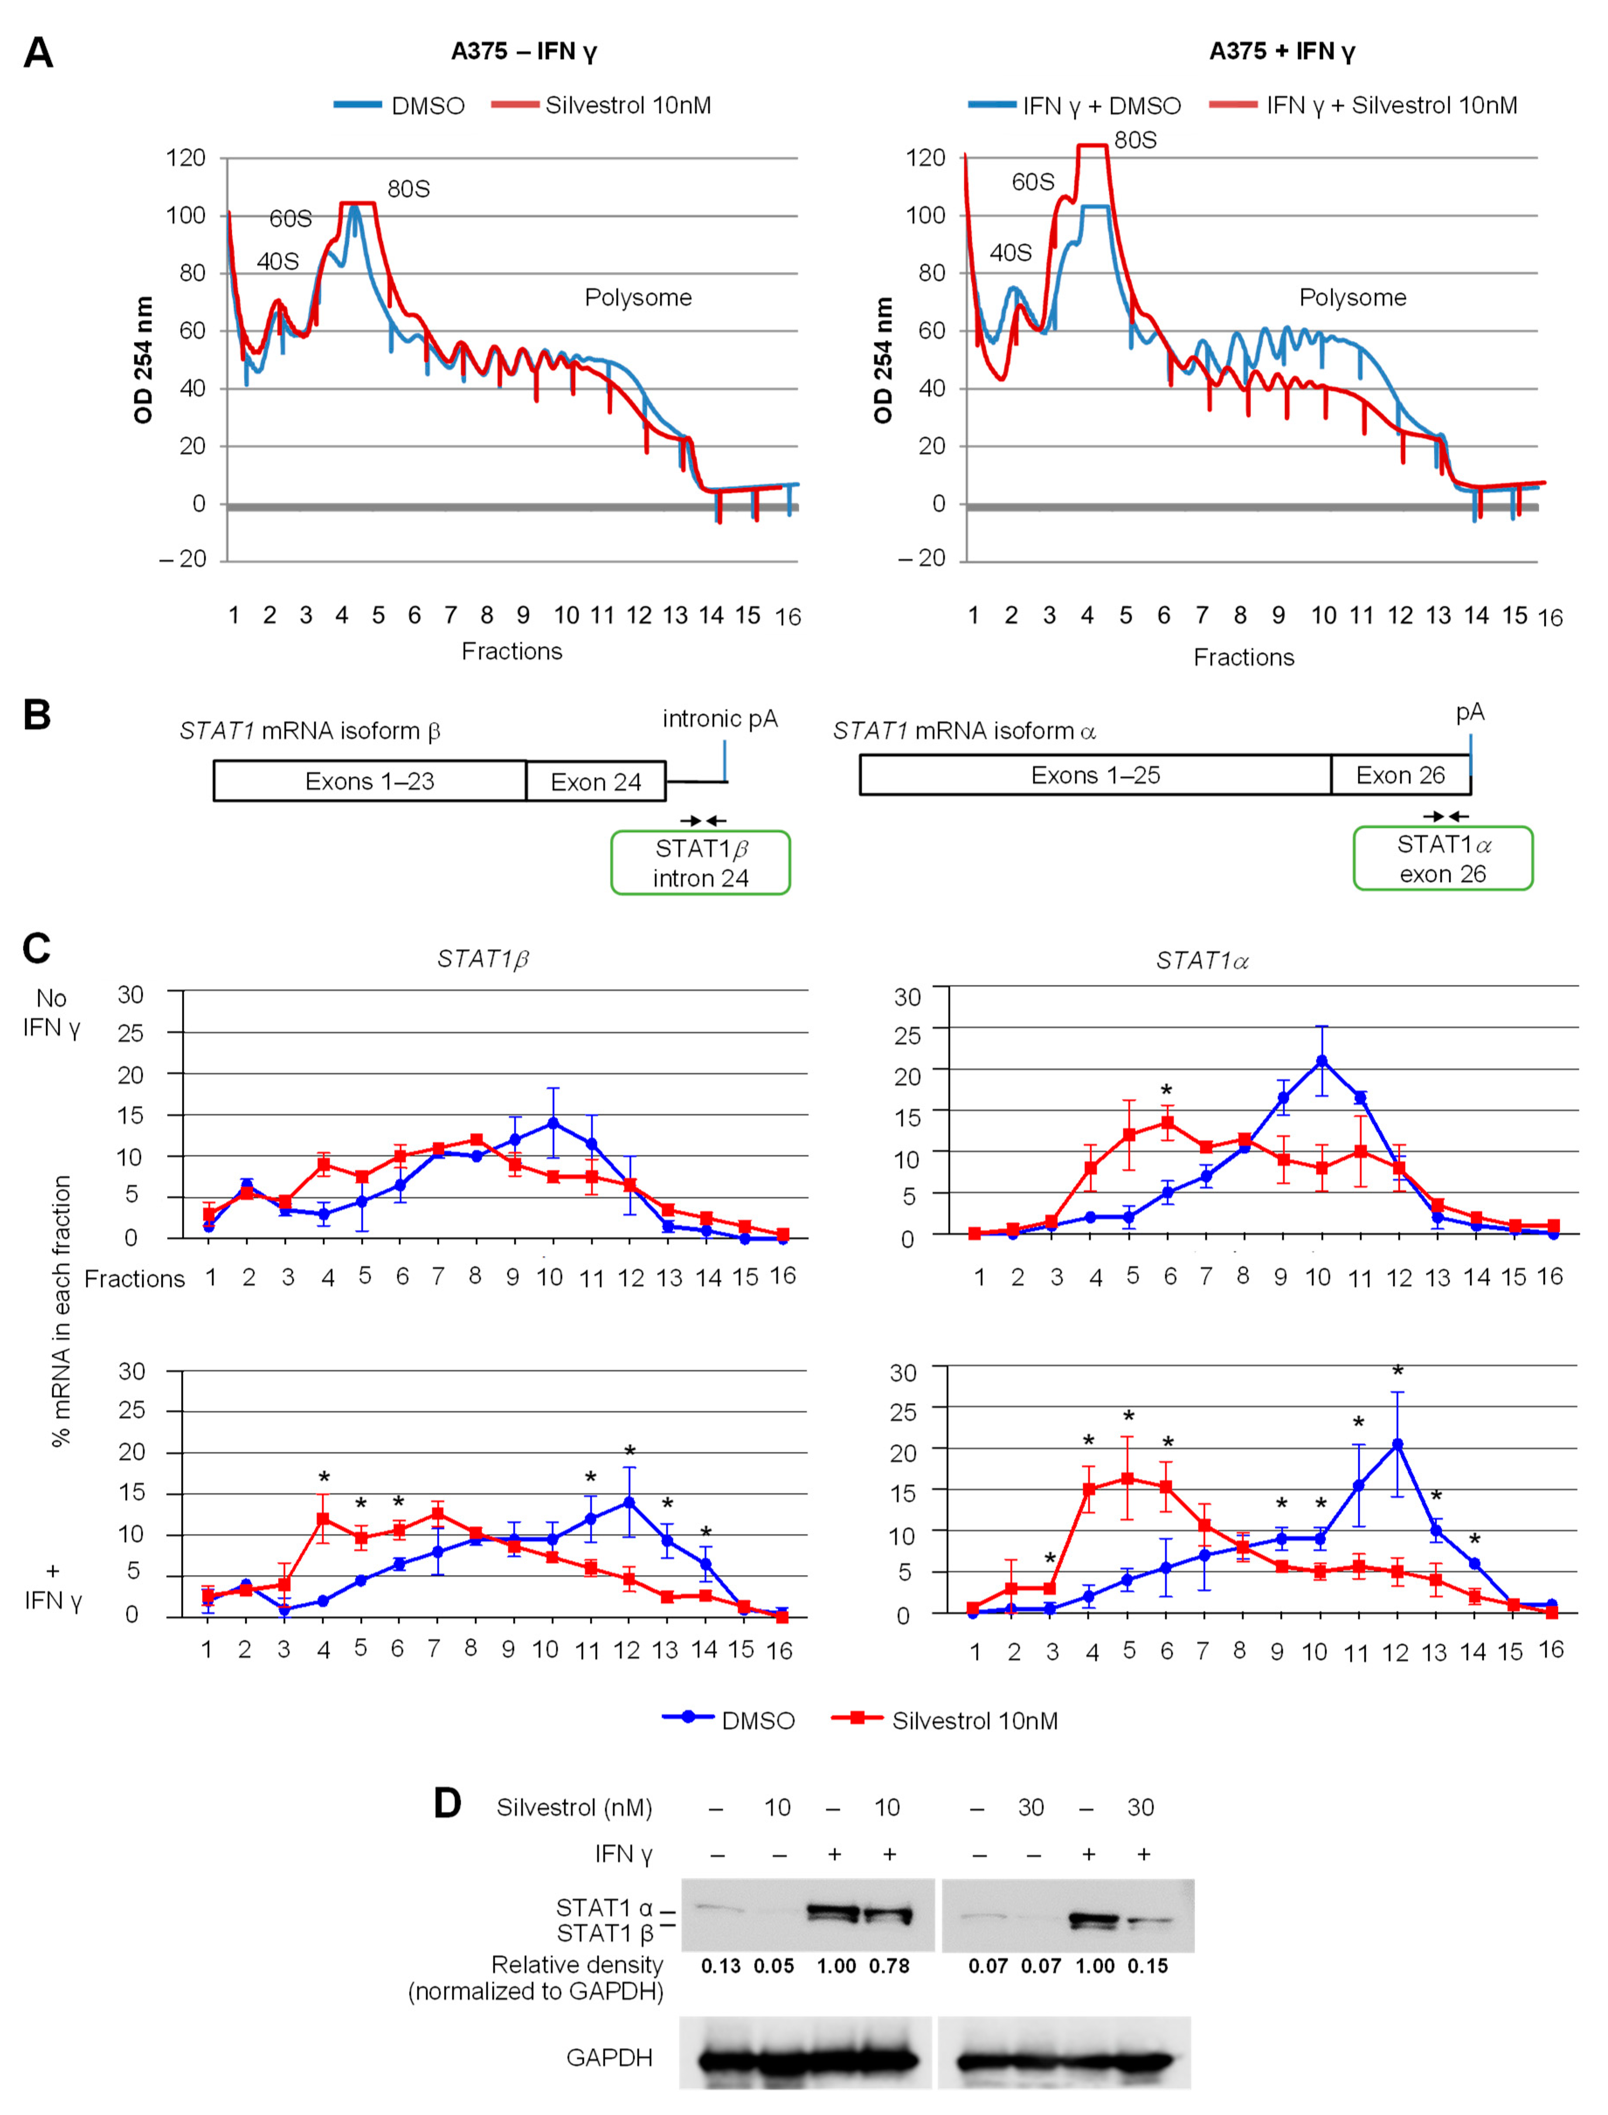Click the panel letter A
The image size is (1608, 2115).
[x=38, y=53]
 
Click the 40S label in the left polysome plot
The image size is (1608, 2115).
[x=278, y=261]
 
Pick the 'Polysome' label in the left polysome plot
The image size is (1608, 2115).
[x=638, y=298]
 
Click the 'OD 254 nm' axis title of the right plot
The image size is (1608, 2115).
[x=883, y=360]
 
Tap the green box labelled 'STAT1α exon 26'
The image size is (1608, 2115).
[x=1442, y=859]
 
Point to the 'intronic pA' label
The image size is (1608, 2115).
[x=720, y=719]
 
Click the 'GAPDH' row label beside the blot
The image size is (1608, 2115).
[x=610, y=2057]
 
